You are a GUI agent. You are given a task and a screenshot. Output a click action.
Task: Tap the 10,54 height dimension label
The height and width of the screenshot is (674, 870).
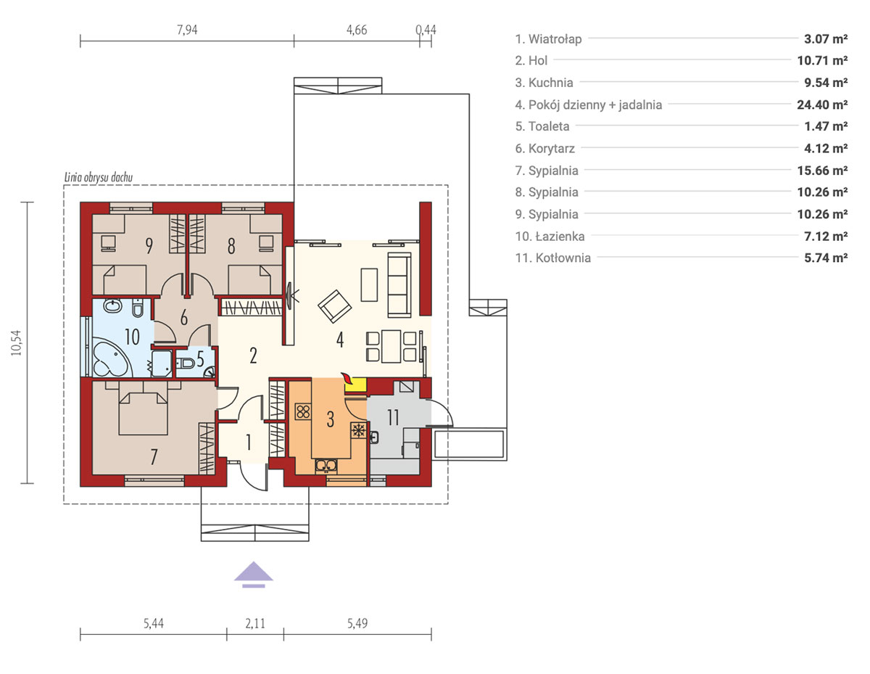point(16,343)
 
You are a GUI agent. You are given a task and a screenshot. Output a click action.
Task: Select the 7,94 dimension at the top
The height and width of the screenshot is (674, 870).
point(187,30)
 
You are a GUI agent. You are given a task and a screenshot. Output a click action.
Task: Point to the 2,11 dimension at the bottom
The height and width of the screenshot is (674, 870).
point(255,623)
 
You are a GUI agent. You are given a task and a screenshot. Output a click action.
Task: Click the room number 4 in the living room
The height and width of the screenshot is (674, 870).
point(340,340)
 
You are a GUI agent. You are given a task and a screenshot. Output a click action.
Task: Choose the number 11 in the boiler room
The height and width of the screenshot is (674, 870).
point(393,418)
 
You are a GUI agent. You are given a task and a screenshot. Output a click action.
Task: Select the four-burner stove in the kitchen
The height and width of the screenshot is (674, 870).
point(303,411)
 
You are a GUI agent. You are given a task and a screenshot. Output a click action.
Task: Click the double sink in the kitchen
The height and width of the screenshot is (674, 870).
point(326,466)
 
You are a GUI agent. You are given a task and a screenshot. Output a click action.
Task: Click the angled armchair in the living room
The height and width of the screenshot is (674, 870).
point(335,306)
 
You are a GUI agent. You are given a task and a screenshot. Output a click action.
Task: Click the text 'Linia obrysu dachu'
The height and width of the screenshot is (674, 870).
point(99,178)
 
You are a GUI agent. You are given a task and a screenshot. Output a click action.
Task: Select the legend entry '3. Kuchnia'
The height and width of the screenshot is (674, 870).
point(544,83)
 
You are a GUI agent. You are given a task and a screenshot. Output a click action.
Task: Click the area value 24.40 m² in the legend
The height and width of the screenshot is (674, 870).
point(822,104)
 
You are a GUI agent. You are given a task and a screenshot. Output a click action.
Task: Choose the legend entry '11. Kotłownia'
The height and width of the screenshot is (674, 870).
point(553,258)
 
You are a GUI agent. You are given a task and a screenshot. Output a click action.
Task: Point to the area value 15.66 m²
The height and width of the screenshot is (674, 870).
point(822,170)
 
